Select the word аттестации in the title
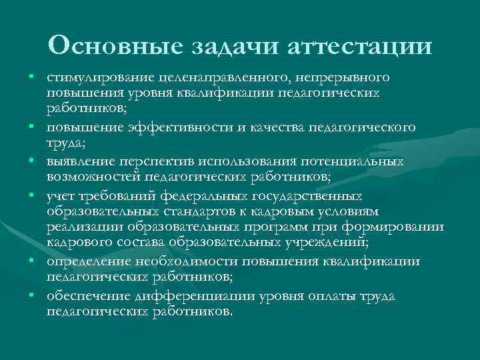[x=359, y=46]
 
